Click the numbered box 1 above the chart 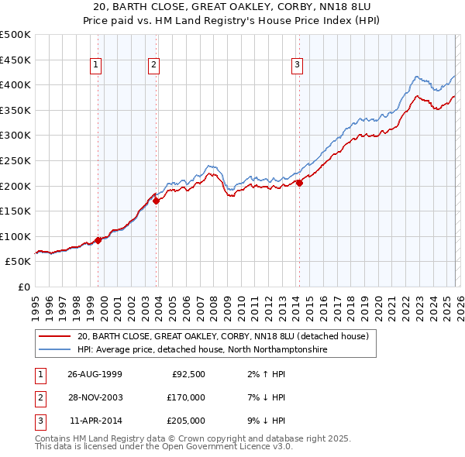tap(95, 66)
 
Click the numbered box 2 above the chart tap(154, 66)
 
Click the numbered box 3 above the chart tap(297, 66)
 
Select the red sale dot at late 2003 tap(157, 201)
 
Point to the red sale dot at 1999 tap(98, 240)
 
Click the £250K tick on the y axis tap(16, 160)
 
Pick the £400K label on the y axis tap(16, 84)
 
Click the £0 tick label tap(23, 287)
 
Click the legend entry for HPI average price tap(203, 350)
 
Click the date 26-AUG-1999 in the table tap(95, 374)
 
